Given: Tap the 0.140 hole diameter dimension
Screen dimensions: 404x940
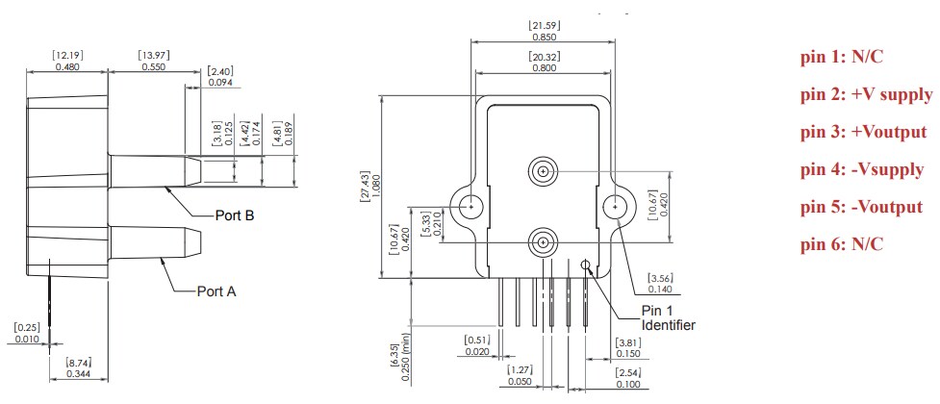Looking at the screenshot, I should click(661, 289).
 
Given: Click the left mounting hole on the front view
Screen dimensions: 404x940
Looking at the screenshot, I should click(471, 205).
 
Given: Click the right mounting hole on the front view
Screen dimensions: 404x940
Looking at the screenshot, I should click(614, 206).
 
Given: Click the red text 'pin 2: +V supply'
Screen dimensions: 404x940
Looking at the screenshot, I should click(865, 94).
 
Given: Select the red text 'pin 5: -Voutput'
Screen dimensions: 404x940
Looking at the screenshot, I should click(861, 207).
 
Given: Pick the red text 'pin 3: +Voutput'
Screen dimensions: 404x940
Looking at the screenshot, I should click(863, 132).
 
